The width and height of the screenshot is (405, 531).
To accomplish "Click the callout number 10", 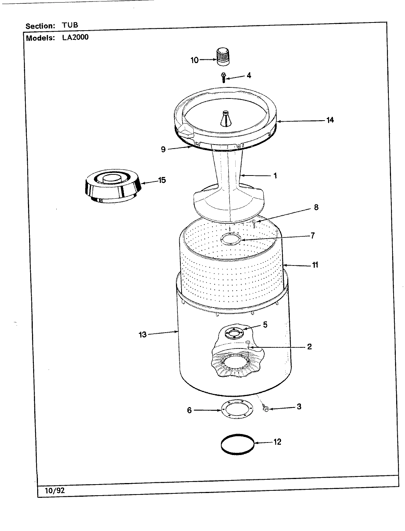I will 194,60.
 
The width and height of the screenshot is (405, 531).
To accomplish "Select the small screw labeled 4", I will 223,77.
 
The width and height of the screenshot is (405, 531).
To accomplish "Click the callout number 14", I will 330,120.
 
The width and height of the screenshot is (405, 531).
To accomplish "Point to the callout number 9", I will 163,149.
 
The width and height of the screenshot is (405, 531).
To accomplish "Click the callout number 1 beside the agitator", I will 275,176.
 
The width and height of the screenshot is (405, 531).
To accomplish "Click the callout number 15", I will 162,180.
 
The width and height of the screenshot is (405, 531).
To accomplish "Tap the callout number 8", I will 316,207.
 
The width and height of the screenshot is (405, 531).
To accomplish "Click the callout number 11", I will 315,265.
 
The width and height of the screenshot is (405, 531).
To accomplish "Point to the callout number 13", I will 142,335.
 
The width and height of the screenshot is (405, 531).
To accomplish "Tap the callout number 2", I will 309,346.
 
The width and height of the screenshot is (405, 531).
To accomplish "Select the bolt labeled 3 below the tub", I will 266,409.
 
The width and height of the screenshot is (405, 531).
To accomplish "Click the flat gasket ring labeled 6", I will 236,410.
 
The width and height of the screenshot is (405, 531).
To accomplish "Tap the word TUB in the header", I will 70,25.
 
